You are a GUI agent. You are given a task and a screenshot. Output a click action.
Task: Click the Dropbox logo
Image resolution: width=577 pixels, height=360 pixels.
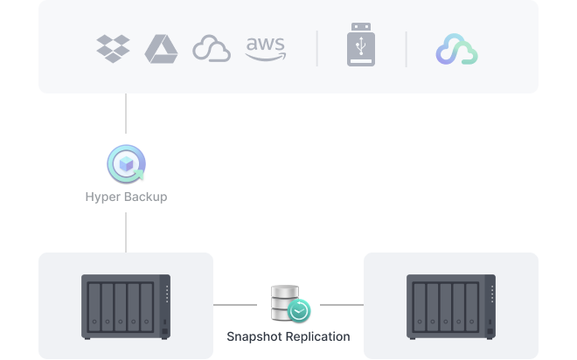(x=113, y=49)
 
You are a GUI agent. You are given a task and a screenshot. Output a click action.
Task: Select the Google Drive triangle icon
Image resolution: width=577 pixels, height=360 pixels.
(x=161, y=49)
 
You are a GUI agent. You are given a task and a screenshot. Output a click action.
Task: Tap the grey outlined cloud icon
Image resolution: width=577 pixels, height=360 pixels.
(x=212, y=49)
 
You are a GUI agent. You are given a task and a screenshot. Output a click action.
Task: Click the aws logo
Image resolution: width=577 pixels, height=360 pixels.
(x=265, y=49)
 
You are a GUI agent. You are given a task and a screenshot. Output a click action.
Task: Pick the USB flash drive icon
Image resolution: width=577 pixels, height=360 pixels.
(x=361, y=45)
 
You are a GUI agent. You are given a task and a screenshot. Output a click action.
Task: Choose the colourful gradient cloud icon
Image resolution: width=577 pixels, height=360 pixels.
(x=456, y=49)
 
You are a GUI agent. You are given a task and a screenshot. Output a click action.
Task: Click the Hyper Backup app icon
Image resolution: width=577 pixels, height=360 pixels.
(x=126, y=163)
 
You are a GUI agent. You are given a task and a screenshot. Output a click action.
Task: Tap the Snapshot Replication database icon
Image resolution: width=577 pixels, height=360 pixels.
(x=285, y=302)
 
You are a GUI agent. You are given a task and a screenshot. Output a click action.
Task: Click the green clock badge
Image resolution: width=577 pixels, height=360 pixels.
(x=299, y=311)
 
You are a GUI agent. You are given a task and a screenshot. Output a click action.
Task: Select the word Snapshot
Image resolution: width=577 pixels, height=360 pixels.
(x=254, y=336)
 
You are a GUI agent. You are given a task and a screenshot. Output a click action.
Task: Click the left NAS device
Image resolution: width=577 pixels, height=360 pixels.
(x=126, y=307)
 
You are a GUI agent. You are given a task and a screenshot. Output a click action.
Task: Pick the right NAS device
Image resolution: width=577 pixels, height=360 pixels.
(x=451, y=307)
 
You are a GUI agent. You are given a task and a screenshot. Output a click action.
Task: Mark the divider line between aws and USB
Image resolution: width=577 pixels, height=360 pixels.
(x=316, y=49)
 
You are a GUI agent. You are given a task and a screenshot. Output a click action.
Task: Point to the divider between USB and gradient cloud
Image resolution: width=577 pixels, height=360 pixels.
(x=407, y=49)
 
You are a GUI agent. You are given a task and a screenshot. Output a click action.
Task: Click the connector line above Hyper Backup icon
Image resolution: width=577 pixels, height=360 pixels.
(x=126, y=114)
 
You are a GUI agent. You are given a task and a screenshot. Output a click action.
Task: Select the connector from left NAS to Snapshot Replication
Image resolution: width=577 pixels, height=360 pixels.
(x=235, y=305)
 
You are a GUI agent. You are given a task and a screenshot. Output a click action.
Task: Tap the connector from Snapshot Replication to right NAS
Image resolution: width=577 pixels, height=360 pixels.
(x=342, y=305)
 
